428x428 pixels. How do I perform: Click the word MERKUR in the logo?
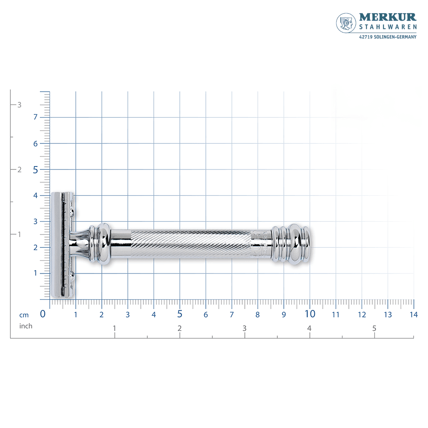tap(388, 17)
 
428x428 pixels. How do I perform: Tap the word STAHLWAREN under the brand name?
tap(388, 27)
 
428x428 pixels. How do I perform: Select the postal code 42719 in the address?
tap(366, 37)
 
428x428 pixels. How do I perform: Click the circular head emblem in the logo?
tap(346, 23)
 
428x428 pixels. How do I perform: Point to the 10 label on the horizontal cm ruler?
tap(310, 314)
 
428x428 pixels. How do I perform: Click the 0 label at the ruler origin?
tap(42, 314)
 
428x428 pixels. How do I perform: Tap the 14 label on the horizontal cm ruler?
tap(413, 315)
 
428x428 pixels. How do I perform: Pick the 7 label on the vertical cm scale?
tap(35, 117)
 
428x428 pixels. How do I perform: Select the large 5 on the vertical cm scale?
tap(35, 170)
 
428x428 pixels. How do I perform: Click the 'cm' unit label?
tap(24, 315)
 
